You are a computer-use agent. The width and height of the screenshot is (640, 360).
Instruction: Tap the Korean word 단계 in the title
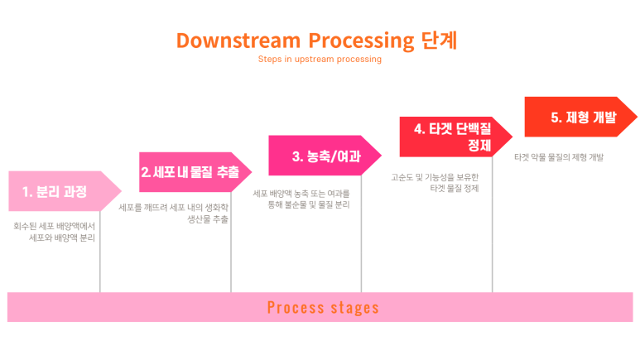pos(439,41)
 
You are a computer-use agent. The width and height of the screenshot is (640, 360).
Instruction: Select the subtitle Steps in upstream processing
pos(320,60)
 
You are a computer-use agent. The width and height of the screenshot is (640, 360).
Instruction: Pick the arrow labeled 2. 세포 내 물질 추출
pos(193,172)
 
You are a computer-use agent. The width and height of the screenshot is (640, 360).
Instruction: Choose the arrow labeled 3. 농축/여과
pos(324,156)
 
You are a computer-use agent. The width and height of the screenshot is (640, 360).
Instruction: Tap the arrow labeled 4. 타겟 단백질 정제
pos(455,137)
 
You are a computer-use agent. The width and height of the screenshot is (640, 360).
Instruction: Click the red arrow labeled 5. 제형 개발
pos(580,117)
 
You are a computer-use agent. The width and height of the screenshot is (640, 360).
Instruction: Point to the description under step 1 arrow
pos(55,231)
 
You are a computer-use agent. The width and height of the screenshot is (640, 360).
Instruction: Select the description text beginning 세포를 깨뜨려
pos(173,214)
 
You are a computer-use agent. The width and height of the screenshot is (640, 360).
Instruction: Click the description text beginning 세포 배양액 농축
pos(301,198)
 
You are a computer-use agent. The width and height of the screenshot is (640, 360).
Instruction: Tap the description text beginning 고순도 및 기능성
pos(435,182)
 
